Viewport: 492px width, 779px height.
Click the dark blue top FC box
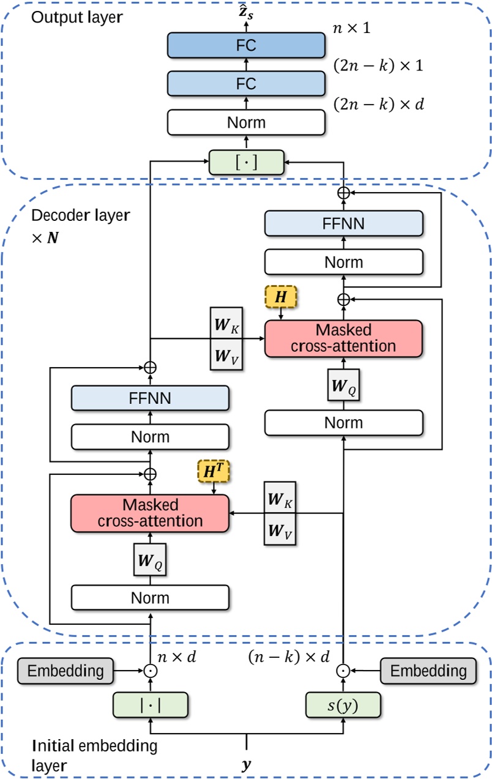[245, 45]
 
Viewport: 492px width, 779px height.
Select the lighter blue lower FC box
[245, 83]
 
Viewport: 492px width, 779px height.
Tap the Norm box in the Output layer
[245, 122]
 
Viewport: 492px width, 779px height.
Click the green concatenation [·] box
[245, 162]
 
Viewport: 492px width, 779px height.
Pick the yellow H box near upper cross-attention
[280, 297]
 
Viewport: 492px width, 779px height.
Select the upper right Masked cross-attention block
[343, 338]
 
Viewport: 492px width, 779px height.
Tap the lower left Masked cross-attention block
[150, 512]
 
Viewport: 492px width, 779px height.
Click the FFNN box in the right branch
[343, 223]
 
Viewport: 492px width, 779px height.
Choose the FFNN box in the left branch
[150, 399]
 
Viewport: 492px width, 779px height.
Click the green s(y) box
[343, 704]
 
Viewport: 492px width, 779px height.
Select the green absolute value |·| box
[150, 704]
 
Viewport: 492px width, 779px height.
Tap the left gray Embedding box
[66, 670]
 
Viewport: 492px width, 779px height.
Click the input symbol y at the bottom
[246, 765]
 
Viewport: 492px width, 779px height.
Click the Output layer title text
[76, 17]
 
